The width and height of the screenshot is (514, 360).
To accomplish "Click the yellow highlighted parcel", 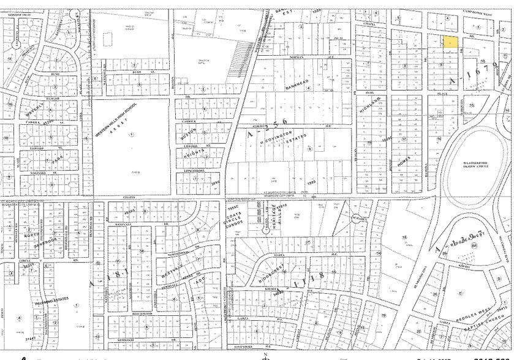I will point(450,42).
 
